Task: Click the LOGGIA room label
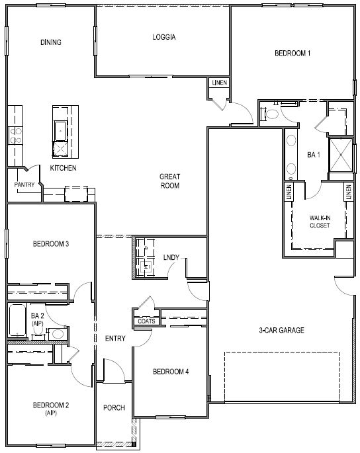[x=164, y=37]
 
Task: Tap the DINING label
[x=51, y=42]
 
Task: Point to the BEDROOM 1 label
[x=292, y=53]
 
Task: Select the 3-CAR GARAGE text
[x=281, y=330]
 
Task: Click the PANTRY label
[x=24, y=185]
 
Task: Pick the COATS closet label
[x=146, y=321]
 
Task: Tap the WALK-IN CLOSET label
[x=320, y=222]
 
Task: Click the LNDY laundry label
[x=171, y=257]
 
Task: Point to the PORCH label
[x=114, y=407]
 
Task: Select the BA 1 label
[x=314, y=155]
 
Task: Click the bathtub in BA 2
[x=17, y=320]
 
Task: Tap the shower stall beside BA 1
[x=341, y=155]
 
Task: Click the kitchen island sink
[x=60, y=131]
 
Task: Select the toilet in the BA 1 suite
[x=270, y=114]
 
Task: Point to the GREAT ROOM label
[x=169, y=181]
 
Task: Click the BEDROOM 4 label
[x=171, y=372]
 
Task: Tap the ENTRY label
[x=115, y=339]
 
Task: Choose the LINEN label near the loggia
[x=220, y=83]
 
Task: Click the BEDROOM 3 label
[x=51, y=244]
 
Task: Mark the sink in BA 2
[x=58, y=334]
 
